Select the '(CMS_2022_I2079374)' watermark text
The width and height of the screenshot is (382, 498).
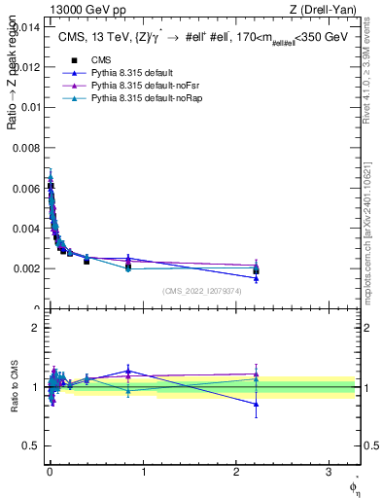click(x=201, y=291)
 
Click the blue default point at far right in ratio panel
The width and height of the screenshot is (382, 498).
click(x=256, y=404)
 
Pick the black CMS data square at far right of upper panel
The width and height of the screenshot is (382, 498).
click(x=256, y=270)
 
